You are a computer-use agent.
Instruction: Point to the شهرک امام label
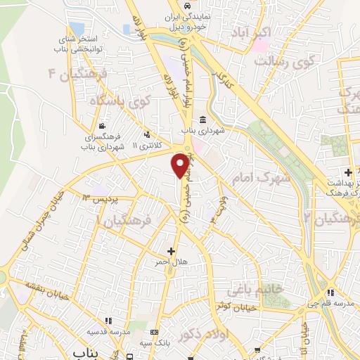point(264,177)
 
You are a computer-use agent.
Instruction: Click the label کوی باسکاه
point(122,101)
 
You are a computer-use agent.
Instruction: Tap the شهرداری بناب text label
point(201,131)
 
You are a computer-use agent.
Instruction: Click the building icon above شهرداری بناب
point(202,119)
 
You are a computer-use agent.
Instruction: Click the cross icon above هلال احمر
point(171,250)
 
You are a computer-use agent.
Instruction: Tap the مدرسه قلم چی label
point(330,303)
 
